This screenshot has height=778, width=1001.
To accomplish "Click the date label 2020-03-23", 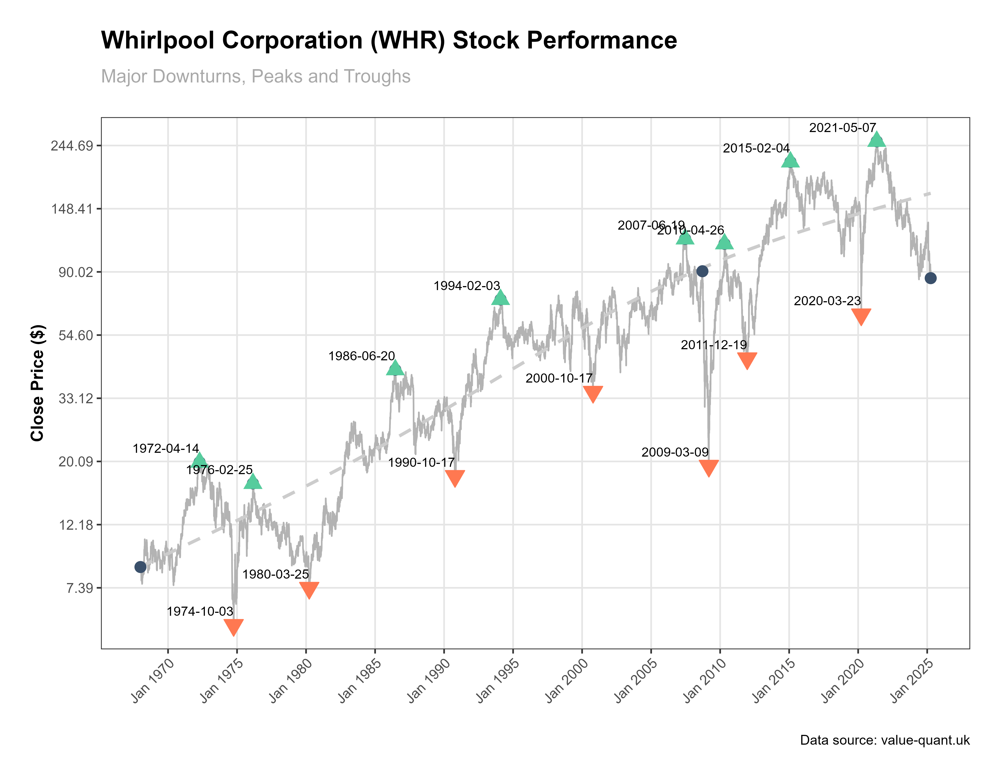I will tap(827, 301).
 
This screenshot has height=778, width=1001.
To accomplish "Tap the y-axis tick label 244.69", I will tap(72, 146).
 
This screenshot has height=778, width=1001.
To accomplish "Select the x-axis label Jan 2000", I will tap(567, 680).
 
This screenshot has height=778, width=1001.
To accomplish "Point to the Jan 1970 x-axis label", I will tap(153, 680).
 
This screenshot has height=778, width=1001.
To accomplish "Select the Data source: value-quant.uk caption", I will tap(885, 740).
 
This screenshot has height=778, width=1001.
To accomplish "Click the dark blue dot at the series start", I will tap(140, 567).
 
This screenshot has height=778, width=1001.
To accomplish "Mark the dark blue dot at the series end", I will tap(930, 278).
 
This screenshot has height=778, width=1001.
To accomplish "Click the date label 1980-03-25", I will tap(275, 574).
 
